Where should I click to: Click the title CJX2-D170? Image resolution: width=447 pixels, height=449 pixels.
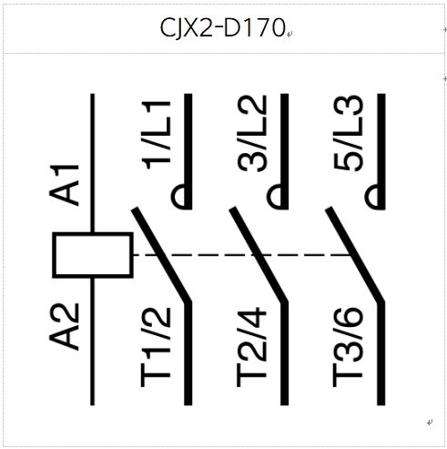tap(222, 28)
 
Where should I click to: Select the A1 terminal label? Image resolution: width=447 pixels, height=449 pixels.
tap(64, 185)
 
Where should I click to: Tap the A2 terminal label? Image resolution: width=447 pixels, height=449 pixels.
tap(64, 327)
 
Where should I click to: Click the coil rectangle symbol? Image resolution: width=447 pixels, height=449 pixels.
tap(93, 255)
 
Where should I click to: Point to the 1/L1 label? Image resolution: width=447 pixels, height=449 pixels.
tap(156, 135)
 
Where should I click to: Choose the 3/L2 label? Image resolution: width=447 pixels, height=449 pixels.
tap(252, 134)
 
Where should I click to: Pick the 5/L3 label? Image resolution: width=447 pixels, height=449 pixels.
tap(348, 133)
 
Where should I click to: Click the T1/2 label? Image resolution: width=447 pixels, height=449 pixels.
tap(156, 347)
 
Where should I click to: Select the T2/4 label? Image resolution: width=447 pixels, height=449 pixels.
tap(252, 347)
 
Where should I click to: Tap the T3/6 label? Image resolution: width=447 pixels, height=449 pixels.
tap(348, 347)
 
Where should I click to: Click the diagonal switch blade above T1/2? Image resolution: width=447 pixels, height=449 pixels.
tap(161, 255)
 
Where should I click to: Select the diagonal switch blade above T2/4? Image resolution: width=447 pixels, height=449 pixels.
tap(259, 255)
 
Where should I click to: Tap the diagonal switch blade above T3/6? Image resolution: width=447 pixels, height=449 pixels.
tap(355, 255)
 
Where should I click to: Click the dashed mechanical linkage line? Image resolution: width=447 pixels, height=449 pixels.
tap(242, 255)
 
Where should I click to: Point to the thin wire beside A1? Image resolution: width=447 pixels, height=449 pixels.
tap(93, 163)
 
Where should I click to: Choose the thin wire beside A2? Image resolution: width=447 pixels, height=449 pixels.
tap(93, 342)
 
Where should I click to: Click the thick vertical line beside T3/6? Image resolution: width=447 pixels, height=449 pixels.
tap(381, 353)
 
